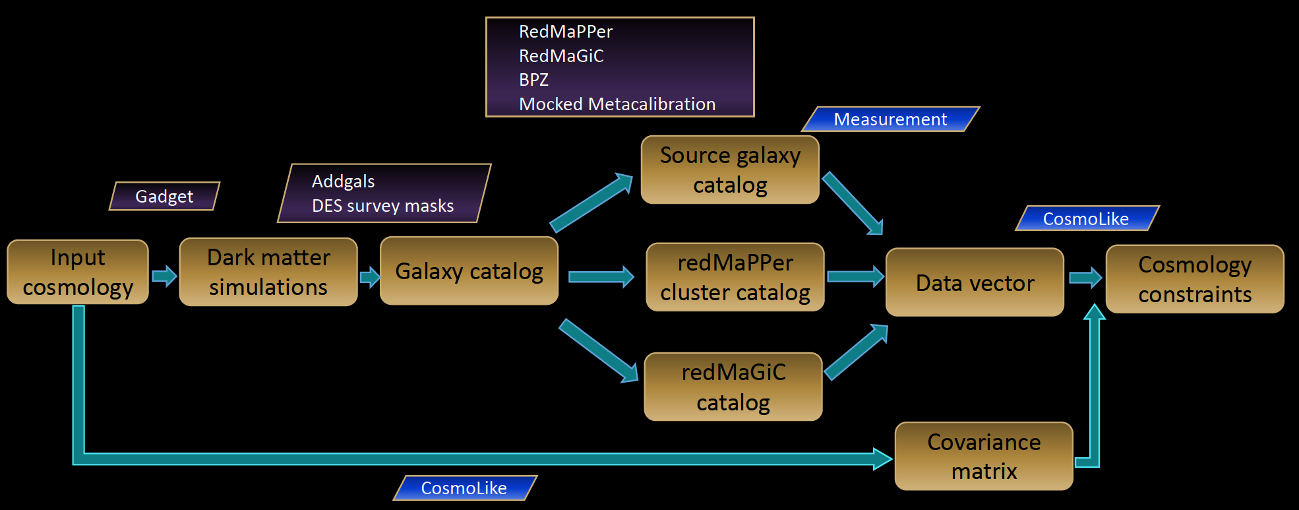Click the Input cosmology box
coord(78,272)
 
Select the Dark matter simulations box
coord(268,272)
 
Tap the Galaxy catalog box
coord(469,271)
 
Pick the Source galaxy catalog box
coord(730,170)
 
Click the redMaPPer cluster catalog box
coord(735,277)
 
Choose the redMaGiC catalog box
coord(733,387)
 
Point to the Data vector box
coord(975,282)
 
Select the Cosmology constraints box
coord(1195,279)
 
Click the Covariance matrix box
coord(984,456)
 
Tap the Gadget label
coord(164,196)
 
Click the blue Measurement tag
coord(890,119)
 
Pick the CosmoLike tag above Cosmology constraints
coord(1086,218)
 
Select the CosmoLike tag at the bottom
coord(464,488)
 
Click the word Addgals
coord(343,181)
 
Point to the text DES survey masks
coord(382,206)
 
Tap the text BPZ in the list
coord(533,80)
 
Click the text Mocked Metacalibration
coord(617,104)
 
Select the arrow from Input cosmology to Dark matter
coord(164,275)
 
